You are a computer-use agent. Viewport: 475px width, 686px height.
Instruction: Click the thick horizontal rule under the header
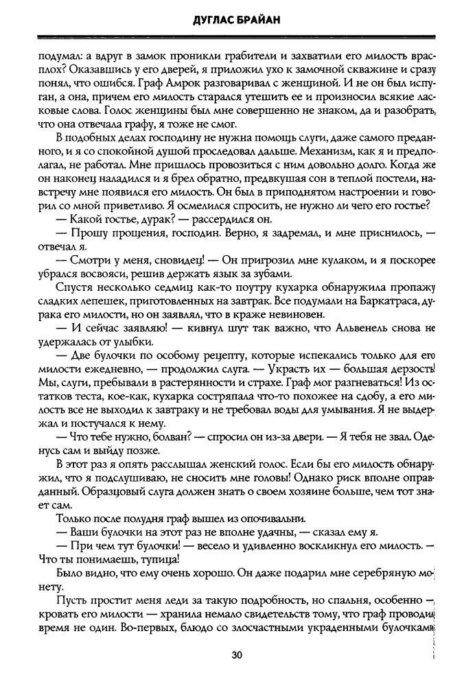pyautogui.click(x=237, y=38)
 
